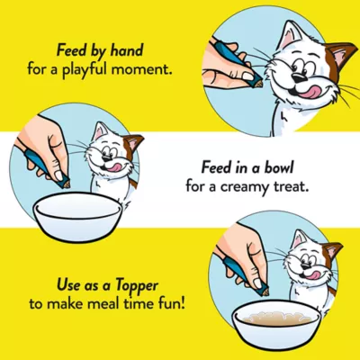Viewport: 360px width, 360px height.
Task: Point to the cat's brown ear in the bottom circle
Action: pos(333,252)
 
